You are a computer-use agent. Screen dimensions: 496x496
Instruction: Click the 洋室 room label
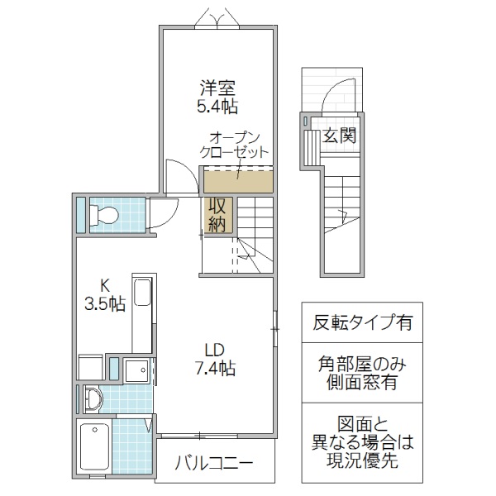pyautogui.click(x=216, y=85)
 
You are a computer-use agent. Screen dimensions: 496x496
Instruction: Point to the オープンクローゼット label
pyautogui.click(x=235, y=145)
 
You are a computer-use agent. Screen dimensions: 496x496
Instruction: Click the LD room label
pyautogui.click(x=215, y=347)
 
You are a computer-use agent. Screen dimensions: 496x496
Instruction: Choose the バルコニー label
pyautogui.click(x=214, y=464)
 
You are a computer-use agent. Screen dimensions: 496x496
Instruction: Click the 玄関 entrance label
pyautogui.click(x=339, y=135)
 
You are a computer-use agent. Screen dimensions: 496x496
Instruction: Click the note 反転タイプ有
pyautogui.click(x=363, y=322)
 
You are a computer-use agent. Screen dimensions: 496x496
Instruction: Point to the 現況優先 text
pyautogui.click(x=364, y=461)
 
